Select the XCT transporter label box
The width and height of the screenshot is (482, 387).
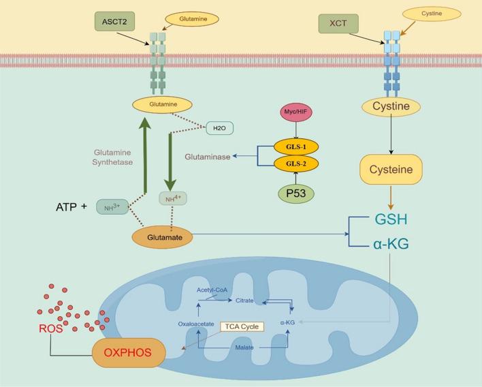click(338, 23)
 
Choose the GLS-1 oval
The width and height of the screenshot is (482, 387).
click(295, 147)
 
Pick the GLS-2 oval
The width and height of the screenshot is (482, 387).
click(295, 164)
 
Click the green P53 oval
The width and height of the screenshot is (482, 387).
click(296, 193)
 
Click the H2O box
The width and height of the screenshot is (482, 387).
click(219, 127)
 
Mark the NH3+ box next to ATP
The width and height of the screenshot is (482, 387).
click(112, 206)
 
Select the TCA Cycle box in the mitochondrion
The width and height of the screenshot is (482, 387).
click(241, 327)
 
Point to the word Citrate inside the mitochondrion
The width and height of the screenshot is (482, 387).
click(244, 300)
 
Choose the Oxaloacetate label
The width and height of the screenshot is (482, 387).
click(197, 324)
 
